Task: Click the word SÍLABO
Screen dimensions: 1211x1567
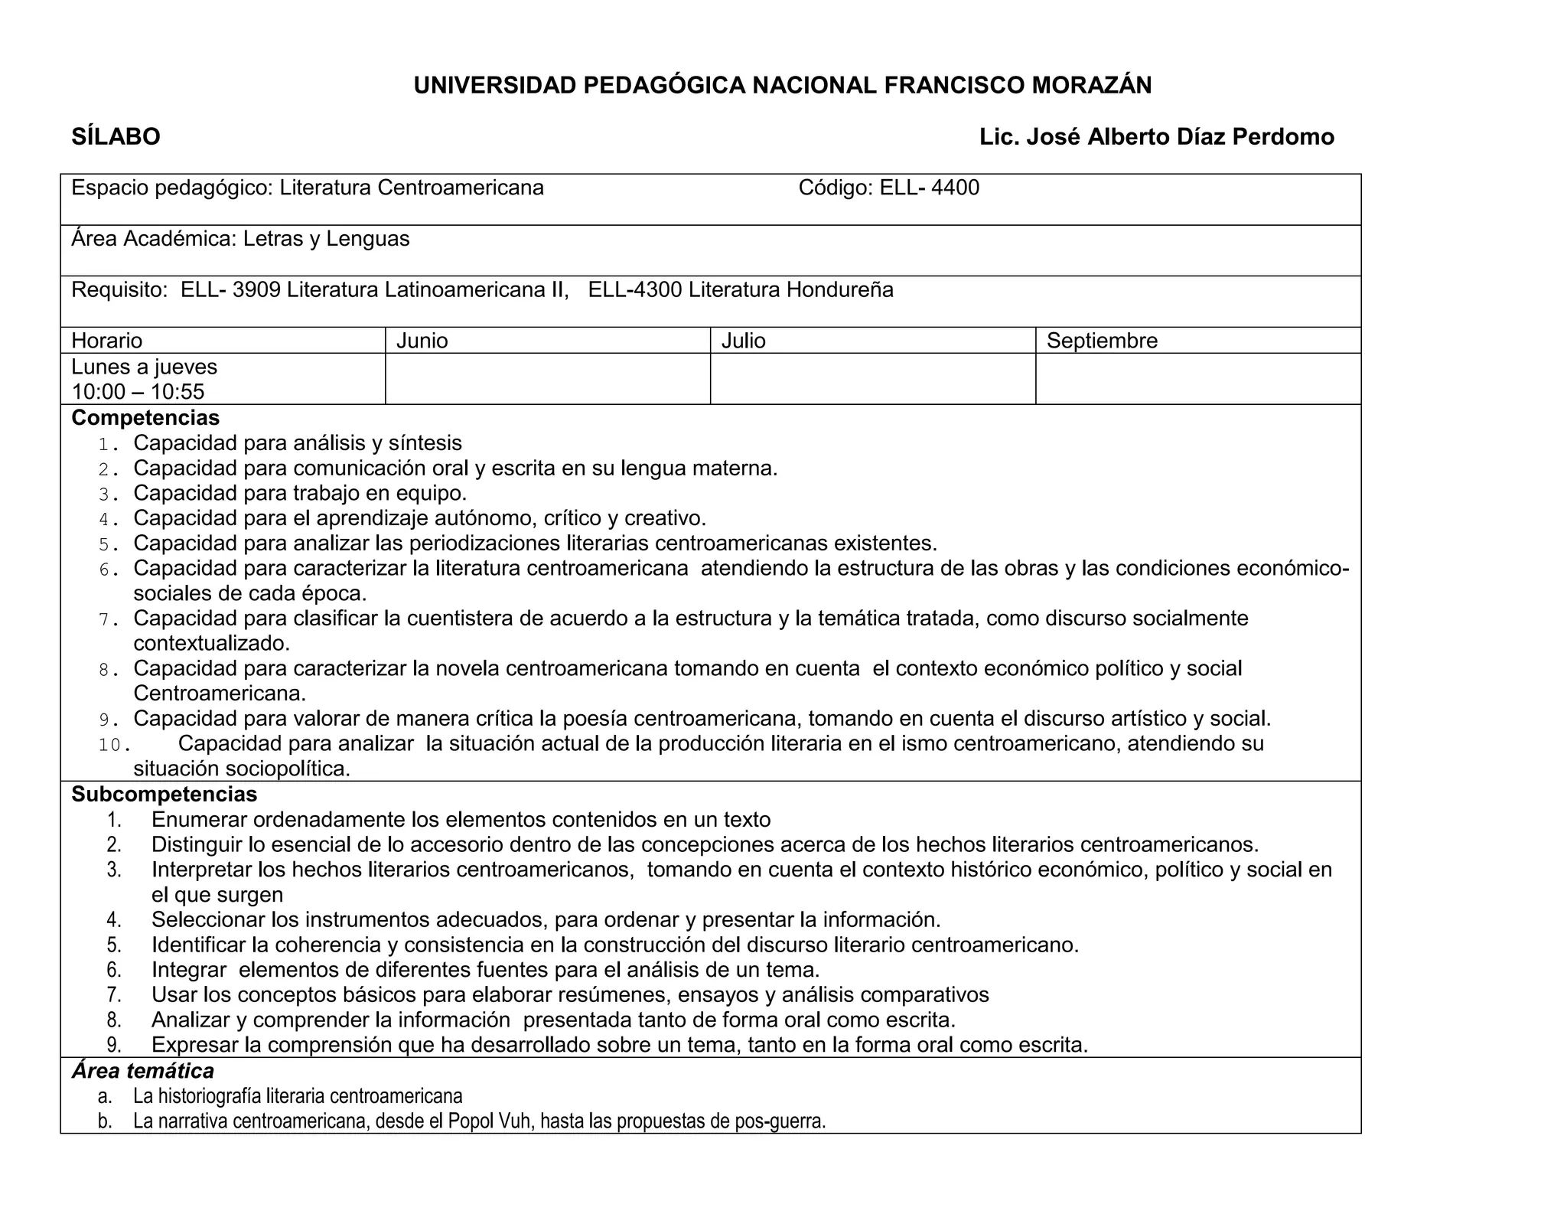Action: pyautogui.click(x=116, y=137)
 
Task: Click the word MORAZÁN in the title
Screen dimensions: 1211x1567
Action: pyautogui.click(x=1091, y=86)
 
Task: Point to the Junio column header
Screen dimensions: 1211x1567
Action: pyautogui.click(x=422, y=341)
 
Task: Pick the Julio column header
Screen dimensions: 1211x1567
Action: pyautogui.click(x=743, y=341)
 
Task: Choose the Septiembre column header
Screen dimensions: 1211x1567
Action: pyautogui.click(x=1102, y=341)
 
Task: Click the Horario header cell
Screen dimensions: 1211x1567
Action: pyautogui.click(x=107, y=341)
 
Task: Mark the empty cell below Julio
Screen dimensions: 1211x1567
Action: pyautogui.click(x=872, y=379)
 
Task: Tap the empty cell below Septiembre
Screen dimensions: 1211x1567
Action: pyautogui.click(x=1197, y=379)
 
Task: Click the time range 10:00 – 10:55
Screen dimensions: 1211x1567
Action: pyautogui.click(x=138, y=392)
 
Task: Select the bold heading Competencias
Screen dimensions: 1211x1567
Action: pyautogui.click(x=145, y=418)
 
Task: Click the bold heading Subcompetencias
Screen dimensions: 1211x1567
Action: pyautogui.click(x=165, y=794)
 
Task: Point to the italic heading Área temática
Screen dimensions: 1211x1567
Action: pyautogui.click(x=143, y=1071)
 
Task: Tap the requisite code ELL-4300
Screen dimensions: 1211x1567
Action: pyautogui.click(x=634, y=290)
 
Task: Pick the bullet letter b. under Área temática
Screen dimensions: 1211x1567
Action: pyautogui.click(x=105, y=1121)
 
